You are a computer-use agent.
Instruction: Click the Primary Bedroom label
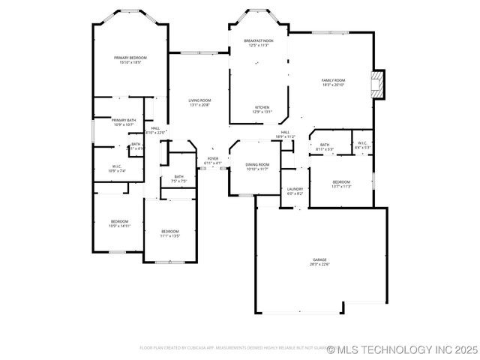130,60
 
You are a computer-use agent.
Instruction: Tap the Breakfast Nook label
259,43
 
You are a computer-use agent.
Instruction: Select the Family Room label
333,82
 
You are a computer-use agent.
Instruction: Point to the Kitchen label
262,109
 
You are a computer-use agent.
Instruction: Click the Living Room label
199,103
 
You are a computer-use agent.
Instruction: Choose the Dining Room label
257,166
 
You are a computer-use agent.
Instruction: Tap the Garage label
320,262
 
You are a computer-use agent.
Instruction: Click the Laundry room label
295,191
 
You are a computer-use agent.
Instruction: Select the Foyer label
213,161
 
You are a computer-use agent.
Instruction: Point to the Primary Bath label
124,122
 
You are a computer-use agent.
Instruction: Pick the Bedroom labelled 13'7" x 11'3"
341,184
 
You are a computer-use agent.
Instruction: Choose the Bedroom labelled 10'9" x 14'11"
120,223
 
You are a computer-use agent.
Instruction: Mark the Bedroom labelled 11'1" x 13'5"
170,233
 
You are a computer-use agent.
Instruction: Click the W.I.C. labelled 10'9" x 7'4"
117,169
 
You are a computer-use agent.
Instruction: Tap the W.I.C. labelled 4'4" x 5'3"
362,145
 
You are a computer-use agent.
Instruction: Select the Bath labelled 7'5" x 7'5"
178,178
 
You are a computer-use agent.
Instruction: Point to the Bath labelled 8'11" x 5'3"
325,147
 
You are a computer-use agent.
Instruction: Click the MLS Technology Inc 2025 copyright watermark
402,349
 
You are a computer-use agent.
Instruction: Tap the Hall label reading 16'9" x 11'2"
285,134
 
